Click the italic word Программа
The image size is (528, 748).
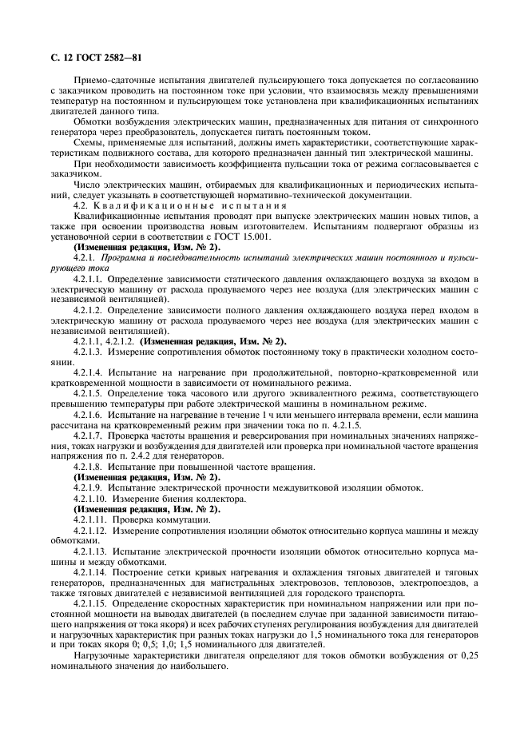click(127, 257)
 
